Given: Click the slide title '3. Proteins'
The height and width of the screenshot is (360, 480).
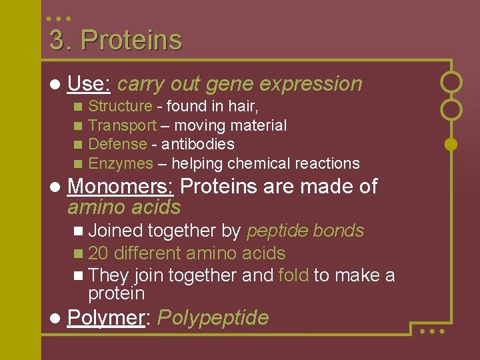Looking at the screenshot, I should point(115,41).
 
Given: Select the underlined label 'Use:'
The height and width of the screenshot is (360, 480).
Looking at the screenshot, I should point(89,84).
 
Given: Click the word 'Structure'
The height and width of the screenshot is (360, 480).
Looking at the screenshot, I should point(120,106).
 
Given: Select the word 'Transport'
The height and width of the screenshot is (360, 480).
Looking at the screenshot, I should point(122,125).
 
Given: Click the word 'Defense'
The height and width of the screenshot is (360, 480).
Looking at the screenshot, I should point(117,144).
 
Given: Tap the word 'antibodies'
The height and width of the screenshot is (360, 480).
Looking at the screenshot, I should point(198,144).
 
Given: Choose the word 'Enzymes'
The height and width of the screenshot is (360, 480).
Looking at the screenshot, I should point(121,163).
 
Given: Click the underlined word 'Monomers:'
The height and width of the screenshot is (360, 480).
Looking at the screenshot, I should point(121,187).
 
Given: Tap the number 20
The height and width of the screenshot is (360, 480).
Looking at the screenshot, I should point(97,253).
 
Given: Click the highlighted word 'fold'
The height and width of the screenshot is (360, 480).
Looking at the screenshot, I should point(293,275).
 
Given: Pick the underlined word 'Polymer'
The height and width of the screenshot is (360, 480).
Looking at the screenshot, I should point(106,318).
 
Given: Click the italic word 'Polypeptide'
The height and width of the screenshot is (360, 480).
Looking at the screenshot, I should point(213,318).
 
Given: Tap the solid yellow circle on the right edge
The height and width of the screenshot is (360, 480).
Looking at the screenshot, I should point(451,143).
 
